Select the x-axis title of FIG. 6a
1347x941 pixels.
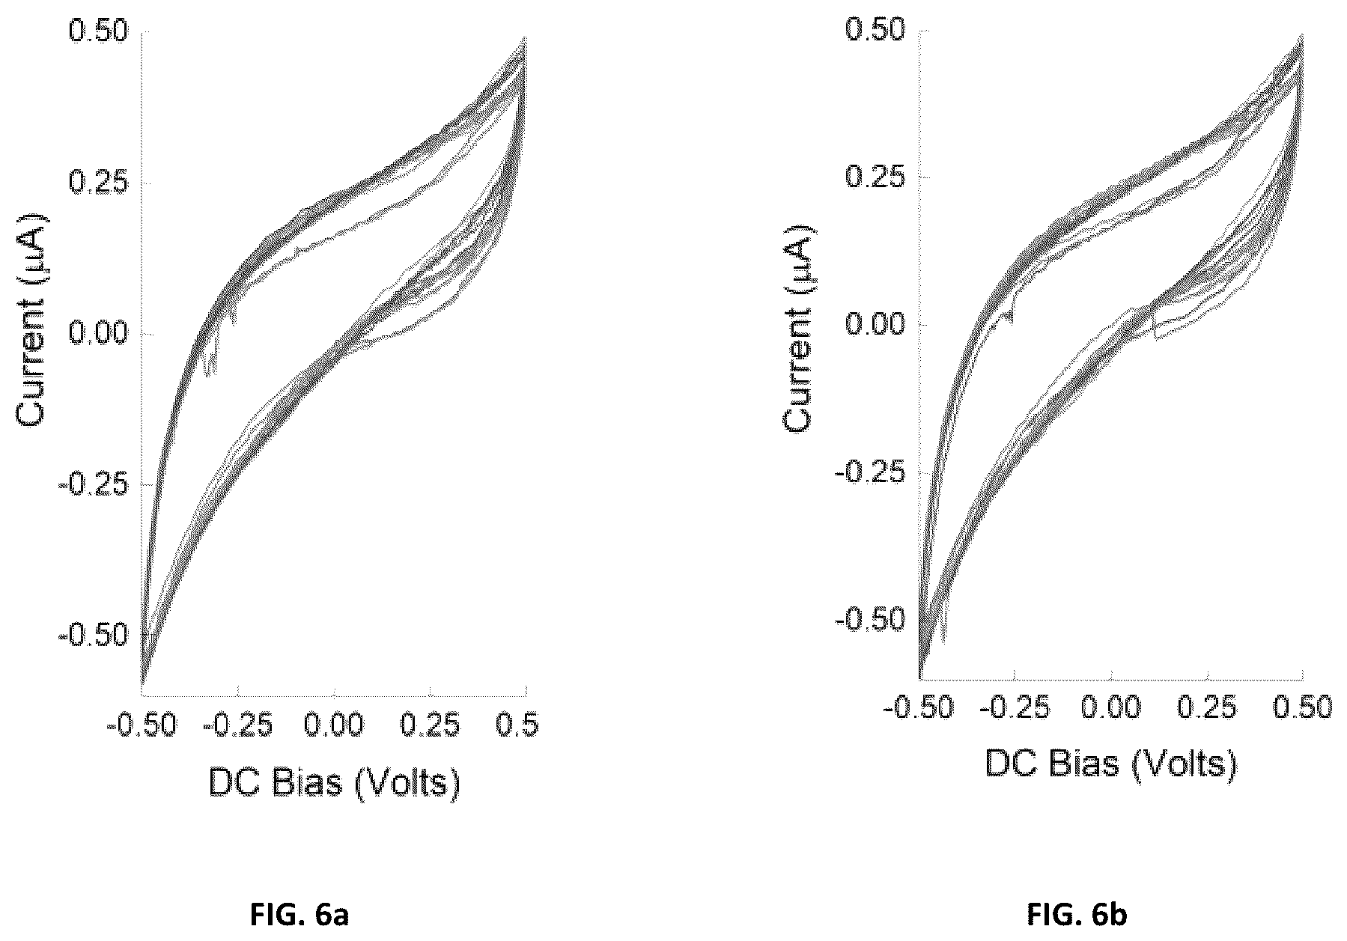pyautogui.click(x=333, y=782)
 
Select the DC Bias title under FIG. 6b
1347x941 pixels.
pyautogui.click(x=1110, y=763)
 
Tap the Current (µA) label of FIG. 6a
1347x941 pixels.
pyautogui.click(x=31, y=320)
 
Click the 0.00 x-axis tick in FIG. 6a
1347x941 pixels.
pyautogui.click(x=334, y=725)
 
